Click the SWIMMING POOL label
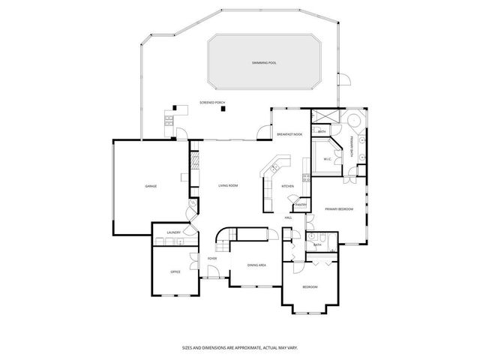tap(265, 63)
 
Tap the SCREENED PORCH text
tap(212, 102)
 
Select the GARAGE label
tap(151, 185)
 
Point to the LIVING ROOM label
tap(228, 185)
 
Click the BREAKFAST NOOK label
tap(289, 133)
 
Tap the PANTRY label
tap(300, 204)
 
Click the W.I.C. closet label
tap(328, 159)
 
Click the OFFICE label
tap(175, 271)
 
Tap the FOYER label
tap(212, 259)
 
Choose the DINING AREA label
tap(258, 264)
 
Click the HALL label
tap(288, 217)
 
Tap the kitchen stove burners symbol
tap(305, 178)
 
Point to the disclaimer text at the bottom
tap(240, 348)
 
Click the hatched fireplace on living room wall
tap(193, 160)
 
